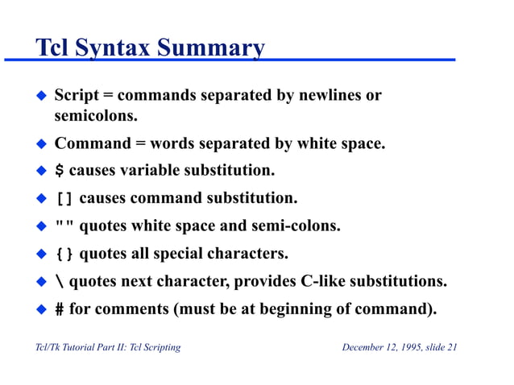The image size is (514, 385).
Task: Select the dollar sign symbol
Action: pyautogui.click(x=59, y=171)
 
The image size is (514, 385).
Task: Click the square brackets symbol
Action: pyautogui.click(x=64, y=198)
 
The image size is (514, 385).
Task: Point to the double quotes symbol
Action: pyautogui.click(x=64, y=226)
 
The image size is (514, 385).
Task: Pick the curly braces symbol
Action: pyautogui.click(x=64, y=255)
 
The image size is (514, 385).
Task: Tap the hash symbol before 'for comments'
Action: pyautogui.click(x=59, y=310)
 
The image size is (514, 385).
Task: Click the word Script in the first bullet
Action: pyautogui.click(x=77, y=96)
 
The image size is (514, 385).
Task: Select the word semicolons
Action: pyautogui.click(x=91, y=117)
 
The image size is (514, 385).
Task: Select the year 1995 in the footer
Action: pyautogui.click(x=408, y=347)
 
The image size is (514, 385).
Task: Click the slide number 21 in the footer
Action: pyautogui.click(x=451, y=347)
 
